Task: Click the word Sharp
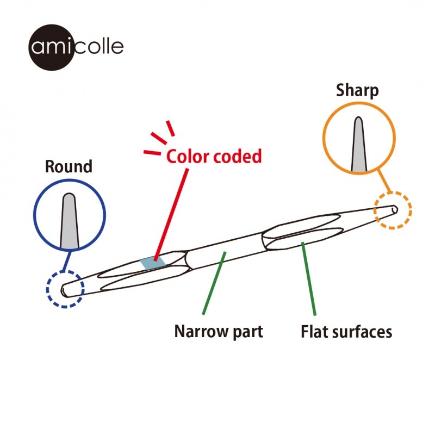[357, 90]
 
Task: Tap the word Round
[69, 166]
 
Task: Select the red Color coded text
[214, 157]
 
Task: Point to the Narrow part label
[219, 331]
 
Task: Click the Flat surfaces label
[346, 331]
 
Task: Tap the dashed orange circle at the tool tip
[393, 209]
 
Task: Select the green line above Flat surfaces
[309, 278]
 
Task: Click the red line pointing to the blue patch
[172, 212]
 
